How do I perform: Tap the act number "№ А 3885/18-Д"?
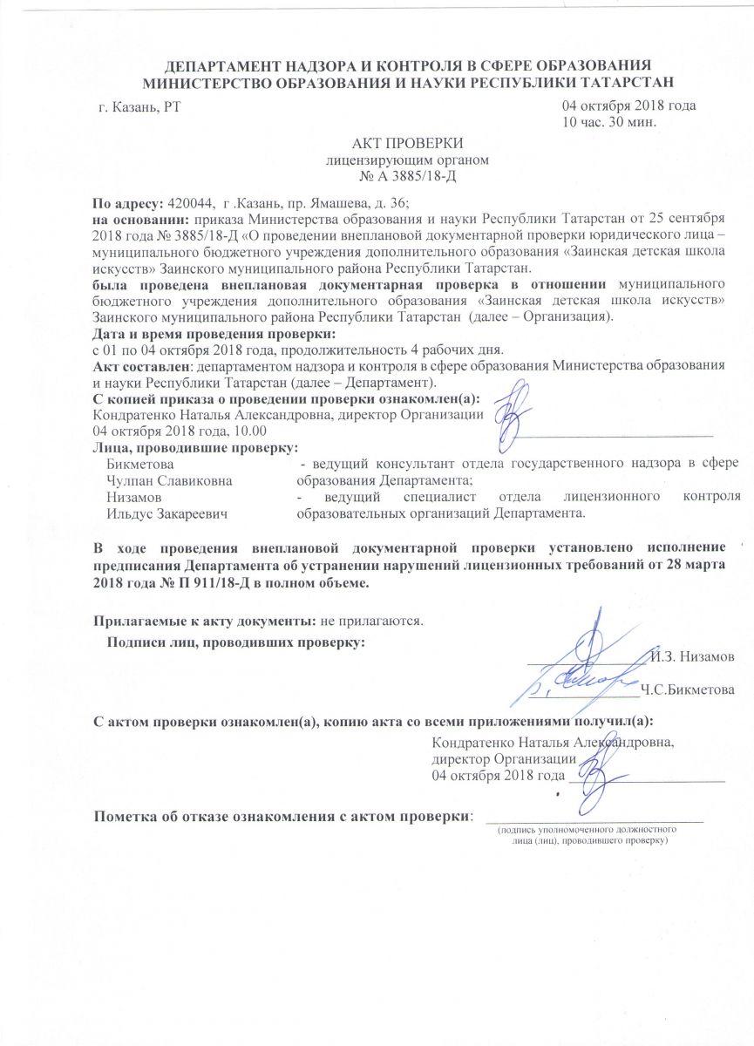[407, 175]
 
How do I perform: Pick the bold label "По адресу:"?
[129, 201]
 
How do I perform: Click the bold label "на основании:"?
[142, 217]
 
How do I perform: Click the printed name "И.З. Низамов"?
[693, 655]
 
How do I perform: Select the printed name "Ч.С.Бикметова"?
[686, 690]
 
